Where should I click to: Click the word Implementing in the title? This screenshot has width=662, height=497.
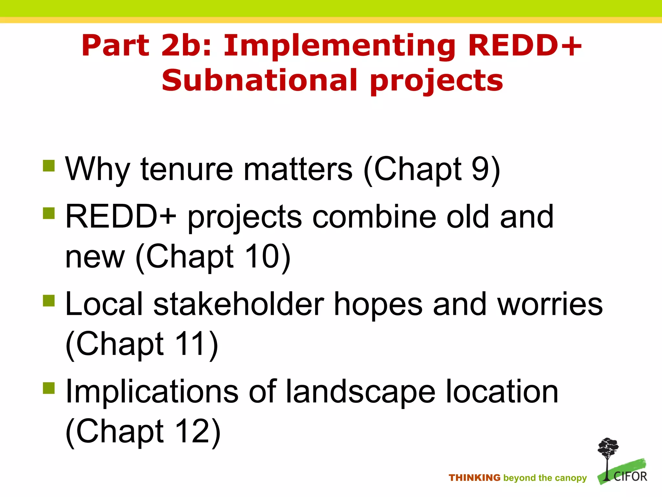(339, 46)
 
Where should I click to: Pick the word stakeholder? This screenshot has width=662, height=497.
(238, 304)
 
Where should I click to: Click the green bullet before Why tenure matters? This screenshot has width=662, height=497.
(49, 166)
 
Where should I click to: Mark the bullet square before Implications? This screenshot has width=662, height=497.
(49, 388)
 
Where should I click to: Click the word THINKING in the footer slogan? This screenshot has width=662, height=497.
(474, 478)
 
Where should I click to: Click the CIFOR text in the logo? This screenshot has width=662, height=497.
(630, 477)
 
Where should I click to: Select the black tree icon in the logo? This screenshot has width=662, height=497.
(608, 453)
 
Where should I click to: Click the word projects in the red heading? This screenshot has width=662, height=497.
(436, 81)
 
